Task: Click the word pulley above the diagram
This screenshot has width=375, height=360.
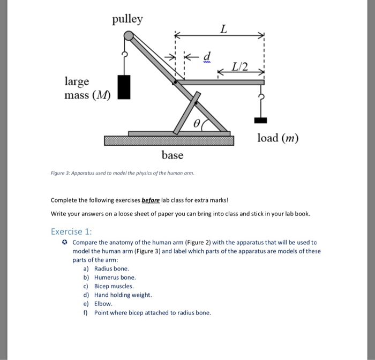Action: pyautogui.click(x=127, y=20)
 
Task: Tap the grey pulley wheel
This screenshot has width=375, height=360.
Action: pyautogui.click(x=129, y=36)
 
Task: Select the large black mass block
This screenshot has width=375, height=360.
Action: pyautogui.click(x=124, y=87)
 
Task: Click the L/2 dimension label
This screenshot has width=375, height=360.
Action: pyautogui.click(x=241, y=67)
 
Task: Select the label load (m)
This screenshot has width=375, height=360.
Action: pyautogui.click(x=277, y=138)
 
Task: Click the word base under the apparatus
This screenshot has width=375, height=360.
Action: pyautogui.click(x=172, y=155)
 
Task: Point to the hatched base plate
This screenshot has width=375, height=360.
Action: pyautogui.click(x=169, y=140)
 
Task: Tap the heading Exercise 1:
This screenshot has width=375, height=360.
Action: pyautogui.click(x=72, y=232)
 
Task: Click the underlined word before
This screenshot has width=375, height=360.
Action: pyautogui.click(x=154, y=200)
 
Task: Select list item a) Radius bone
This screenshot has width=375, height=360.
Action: pyautogui.click(x=106, y=268)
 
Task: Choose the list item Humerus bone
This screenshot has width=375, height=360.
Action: pyautogui.click(x=115, y=277)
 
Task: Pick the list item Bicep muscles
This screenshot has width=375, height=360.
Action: pyautogui.click(x=113, y=286)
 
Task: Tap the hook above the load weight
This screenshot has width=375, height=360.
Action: pyautogui.click(x=262, y=101)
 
